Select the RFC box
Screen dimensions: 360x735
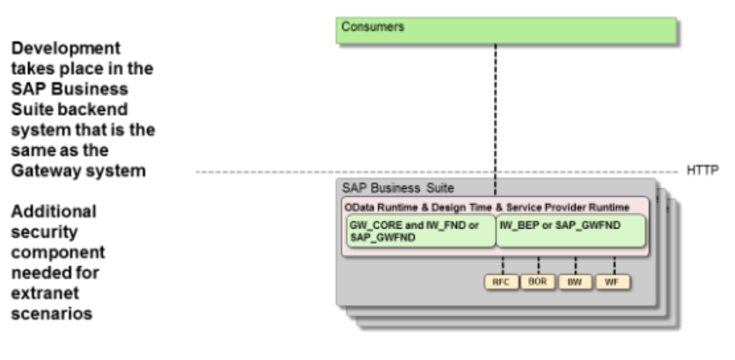[500, 282]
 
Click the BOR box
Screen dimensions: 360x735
[537, 282]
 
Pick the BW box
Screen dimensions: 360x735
[575, 282]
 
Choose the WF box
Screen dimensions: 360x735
[613, 282]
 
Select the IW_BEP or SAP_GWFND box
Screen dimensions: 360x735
[570, 231]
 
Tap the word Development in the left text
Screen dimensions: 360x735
[66, 47]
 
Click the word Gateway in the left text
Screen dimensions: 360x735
[44, 171]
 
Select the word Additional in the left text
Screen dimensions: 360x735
[54, 212]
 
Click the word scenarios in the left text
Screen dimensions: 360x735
[52, 314]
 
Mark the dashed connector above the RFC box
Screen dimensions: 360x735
[500, 265]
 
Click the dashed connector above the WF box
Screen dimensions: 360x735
[613, 265]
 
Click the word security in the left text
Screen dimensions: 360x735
[42, 232]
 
